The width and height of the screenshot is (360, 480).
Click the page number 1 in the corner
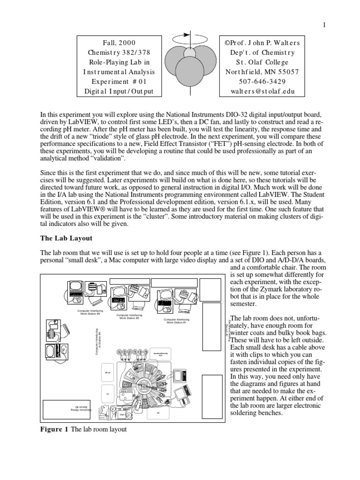(x=323, y=25)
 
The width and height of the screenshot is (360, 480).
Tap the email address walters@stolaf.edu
(x=259, y=91)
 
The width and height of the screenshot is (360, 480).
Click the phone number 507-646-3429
(x=259, y=82)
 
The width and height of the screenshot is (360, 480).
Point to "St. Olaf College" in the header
(x=259, y=62)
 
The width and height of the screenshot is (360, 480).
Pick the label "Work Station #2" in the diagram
(x=129, y=317)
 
